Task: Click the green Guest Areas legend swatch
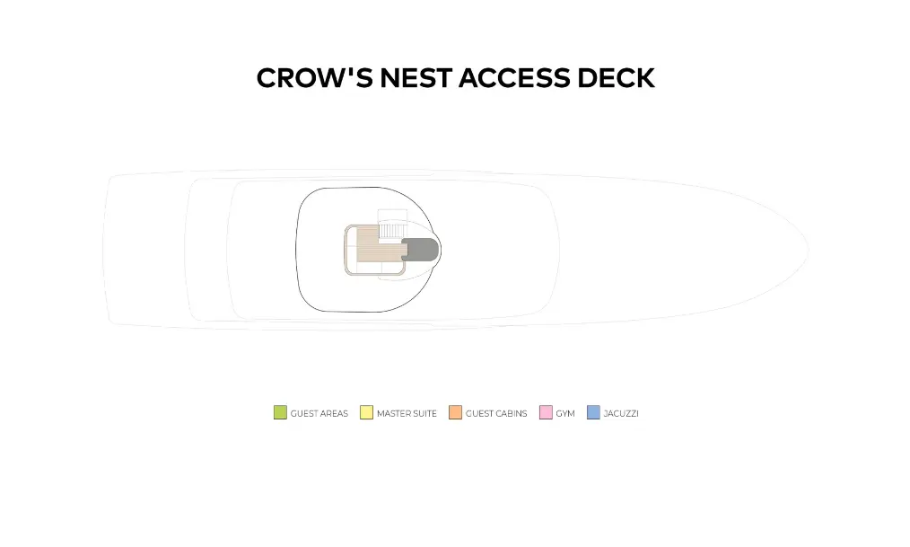point(280,413)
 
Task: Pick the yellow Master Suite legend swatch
point(366,413)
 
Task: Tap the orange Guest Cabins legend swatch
point(455,413)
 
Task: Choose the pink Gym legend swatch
point(546,413)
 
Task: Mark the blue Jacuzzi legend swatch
point(593,413)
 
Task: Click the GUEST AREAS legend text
point(319,414)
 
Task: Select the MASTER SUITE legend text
point(407,414)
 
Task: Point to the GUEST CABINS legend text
point(496,414)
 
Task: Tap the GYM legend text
point(565,414)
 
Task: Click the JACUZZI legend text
point(621,414)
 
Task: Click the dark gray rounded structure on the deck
point(421,249)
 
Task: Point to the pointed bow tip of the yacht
point(807,249)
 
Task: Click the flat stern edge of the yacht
point(106,249)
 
